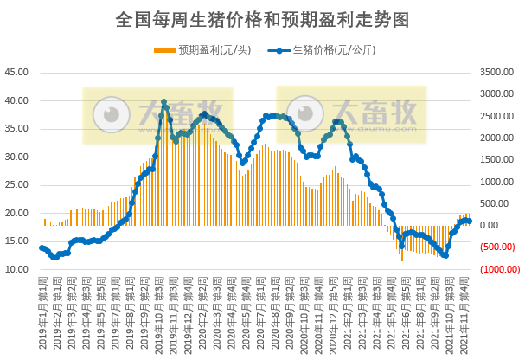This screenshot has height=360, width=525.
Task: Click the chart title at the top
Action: point(262,19)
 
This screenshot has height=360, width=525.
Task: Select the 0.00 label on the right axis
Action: point(490,227)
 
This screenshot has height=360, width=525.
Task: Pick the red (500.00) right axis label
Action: point(496,247)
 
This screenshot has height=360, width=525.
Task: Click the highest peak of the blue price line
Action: point(164,102)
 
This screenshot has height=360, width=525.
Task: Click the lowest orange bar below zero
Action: point(401,260)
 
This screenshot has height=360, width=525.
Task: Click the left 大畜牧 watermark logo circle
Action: point(108,113)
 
